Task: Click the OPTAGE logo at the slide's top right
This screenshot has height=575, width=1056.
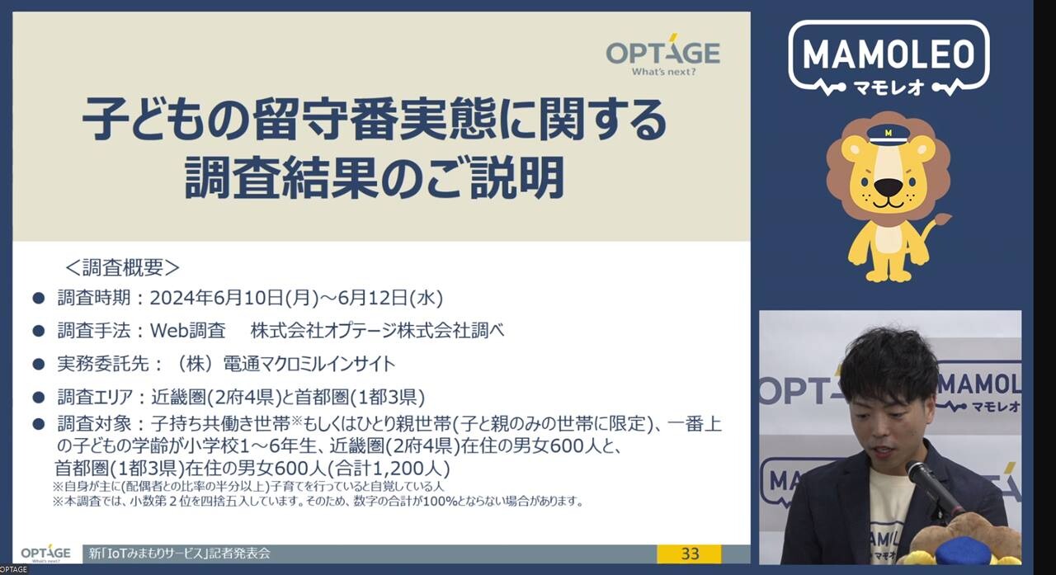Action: [662, 54]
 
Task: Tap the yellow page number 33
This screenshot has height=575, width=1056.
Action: [690, 554]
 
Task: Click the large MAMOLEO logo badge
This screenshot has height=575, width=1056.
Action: [889, 59]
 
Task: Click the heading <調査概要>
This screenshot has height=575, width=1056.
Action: [122, 268]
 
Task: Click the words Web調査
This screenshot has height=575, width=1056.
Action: [187, 331]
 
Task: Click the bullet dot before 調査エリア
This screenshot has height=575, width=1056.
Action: [39, 398]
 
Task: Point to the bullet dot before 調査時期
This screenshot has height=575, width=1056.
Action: [39, 299]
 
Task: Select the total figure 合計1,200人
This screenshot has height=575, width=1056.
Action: [389, 469]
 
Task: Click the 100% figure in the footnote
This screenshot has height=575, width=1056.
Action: [441, 502]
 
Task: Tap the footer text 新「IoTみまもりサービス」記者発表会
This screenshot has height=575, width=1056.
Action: [180, 554]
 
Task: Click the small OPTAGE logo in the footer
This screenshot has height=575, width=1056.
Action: [45, 554]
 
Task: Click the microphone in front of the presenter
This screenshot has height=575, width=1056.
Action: [936, 490]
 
